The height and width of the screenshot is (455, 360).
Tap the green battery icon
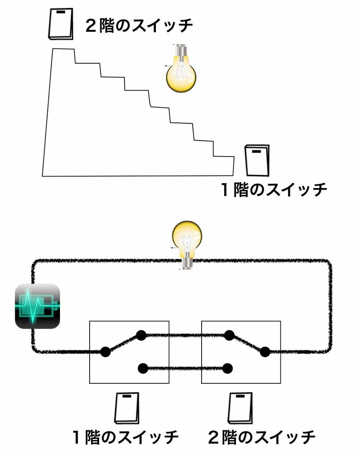point(37,306)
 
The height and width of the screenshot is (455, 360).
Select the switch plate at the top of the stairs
point(61,24)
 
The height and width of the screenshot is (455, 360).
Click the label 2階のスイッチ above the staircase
point(139,27)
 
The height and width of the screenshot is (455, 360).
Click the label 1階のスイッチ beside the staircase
point(274,189)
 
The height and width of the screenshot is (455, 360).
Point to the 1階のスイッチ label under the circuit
point(125,437)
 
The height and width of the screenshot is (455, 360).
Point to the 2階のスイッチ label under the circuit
point(262,437)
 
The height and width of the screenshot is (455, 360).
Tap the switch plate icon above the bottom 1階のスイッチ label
point(127,409)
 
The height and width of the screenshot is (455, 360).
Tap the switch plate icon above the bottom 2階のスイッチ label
point(241,409)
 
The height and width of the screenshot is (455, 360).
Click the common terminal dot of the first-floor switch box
point(105,352)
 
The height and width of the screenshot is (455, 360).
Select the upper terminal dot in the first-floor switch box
point(141,335)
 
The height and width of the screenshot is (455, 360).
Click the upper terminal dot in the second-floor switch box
point(229,335)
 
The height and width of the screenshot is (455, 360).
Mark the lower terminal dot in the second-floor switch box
point(228,368)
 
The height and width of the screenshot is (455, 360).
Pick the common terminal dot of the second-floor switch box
point(265,352)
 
